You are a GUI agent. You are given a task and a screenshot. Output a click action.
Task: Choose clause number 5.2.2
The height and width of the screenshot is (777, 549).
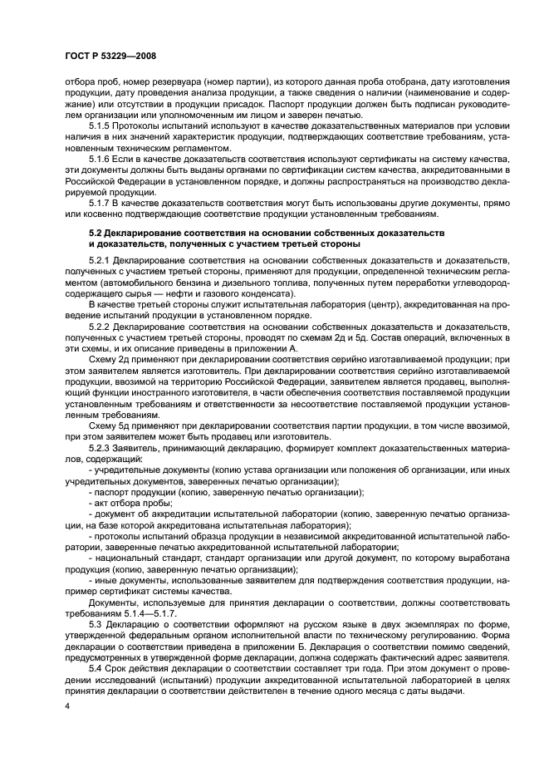click(x=100, y=327)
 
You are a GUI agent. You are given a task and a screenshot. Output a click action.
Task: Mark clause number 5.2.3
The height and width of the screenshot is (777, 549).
click(x=100, y=446)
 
